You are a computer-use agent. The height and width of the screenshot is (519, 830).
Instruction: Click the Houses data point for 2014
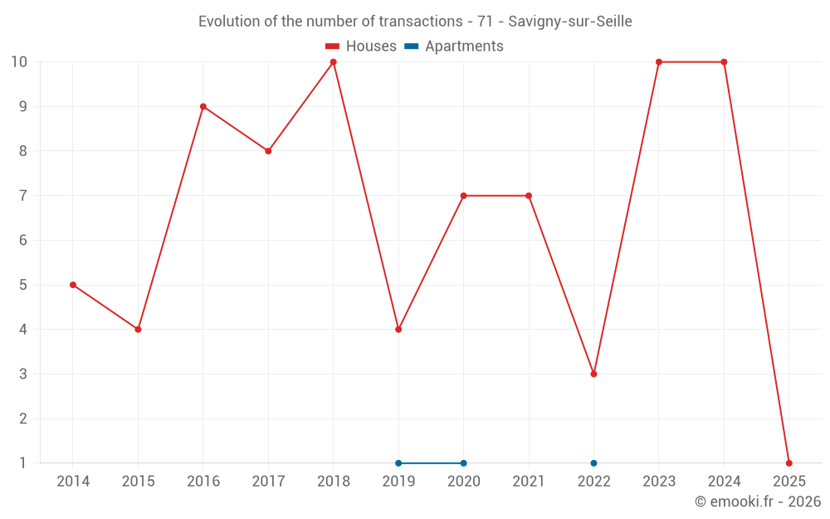click(x=73, y=285)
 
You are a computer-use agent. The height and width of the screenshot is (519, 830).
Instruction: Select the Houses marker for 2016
click(x=203, y=106)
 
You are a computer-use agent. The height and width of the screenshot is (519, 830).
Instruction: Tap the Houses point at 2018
click(x=334, y=61)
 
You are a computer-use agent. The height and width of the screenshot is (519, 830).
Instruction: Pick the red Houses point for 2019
click(x=398, y=330)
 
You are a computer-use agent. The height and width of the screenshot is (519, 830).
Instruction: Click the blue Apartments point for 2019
click(x=398, y=463)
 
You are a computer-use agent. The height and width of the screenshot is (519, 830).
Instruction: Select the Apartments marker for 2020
click(x=463, y=463)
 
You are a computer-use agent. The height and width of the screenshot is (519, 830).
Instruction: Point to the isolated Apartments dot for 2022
click(x=593, y=463)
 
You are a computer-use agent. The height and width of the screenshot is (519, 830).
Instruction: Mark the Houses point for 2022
click(x=593, y=374)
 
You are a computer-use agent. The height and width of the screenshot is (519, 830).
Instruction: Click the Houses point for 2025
click(x=788, y=463)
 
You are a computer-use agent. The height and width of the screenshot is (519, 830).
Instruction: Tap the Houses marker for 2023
click(x=659, y=61)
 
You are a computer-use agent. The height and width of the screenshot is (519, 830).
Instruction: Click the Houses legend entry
click(x=361, y=47)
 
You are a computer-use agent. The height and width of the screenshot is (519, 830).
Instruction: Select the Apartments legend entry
click(x=454, y=47)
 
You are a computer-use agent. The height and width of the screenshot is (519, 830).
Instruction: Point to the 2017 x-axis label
click(x=268, y=482)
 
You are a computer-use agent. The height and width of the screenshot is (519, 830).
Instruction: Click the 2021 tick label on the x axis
click(x=529, y=482)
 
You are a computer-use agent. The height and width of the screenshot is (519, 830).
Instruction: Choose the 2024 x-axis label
click(x=724, y=482)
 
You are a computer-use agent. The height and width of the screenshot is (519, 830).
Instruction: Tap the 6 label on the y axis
click(x=22, y=240)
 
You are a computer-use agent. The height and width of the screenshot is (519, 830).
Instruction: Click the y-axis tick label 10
click(x=19, y=61)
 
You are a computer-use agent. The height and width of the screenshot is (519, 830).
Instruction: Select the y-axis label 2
click(x=22, y=419)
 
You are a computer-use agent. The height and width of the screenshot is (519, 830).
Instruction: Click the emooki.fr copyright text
click(x=757, y=502)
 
